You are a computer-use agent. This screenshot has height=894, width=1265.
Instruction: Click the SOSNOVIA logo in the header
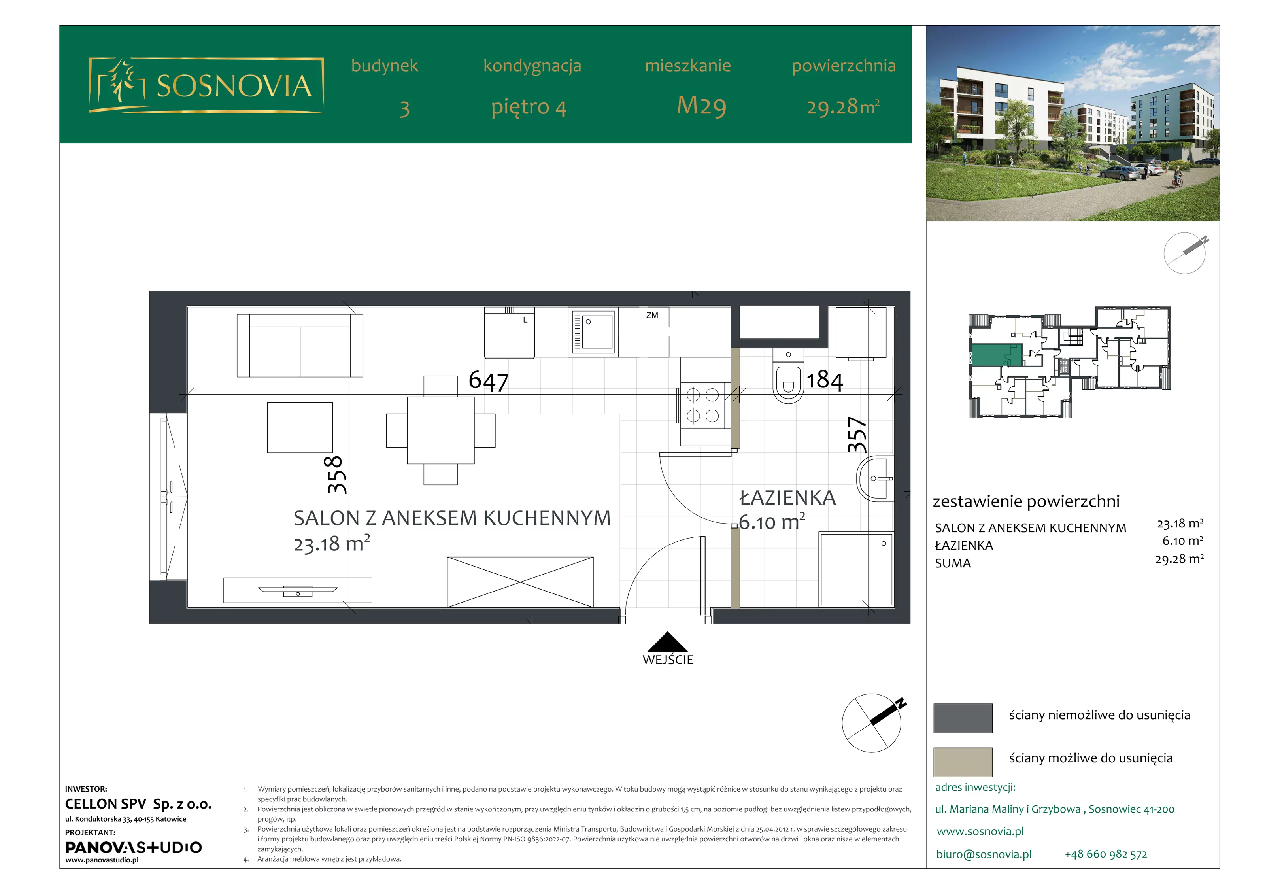pyautogui.click(x=207, y=85)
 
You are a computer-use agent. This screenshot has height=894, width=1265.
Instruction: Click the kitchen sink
pyautogui.click(x=593, y=333)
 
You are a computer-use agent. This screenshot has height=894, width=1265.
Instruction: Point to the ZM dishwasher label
pyautogui.click(x=652, y=315)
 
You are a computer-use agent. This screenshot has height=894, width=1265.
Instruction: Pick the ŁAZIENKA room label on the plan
pyautogui.click(x=787, y=498)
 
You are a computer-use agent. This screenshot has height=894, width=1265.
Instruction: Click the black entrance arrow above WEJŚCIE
pyautogui.click(x=667, y=642)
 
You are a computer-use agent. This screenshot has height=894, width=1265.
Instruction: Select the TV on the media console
pyautogui.click(x=298, y=591)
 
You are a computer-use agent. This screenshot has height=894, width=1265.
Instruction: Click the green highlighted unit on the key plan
pyautogui.click(x=996, y=355)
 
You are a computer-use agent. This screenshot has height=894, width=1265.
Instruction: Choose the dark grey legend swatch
pyautogui.click(x=963, y=718)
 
